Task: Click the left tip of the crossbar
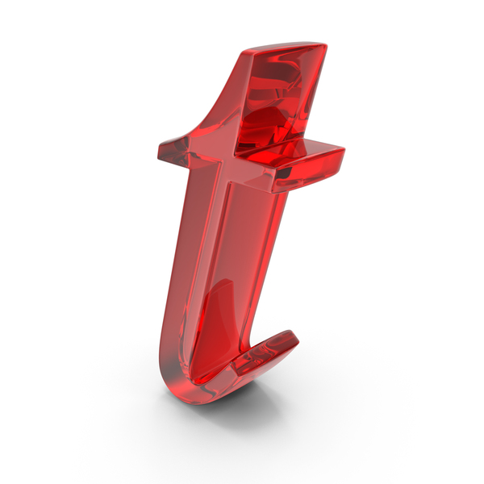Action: coord(159,152)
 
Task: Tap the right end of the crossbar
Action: coord(344,151)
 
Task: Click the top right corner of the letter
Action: coord(326,45)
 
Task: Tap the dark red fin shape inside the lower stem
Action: coord(213,328)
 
